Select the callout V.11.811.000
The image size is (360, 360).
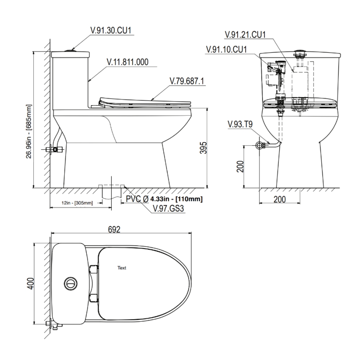coord(127,62)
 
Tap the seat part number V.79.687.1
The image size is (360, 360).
coord(186,81)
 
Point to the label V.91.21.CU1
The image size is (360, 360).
coord(245,35)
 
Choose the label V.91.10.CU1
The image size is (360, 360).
coord(226,49)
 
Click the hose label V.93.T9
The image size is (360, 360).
coord(240,125)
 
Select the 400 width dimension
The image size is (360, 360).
coord(31,284)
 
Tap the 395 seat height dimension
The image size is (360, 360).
coord(203,148)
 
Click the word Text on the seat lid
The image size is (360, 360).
coord(122,268)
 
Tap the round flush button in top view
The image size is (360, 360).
coord(70,284)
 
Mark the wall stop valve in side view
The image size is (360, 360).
coord(55,149)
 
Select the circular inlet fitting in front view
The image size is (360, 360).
coord(259,145)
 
